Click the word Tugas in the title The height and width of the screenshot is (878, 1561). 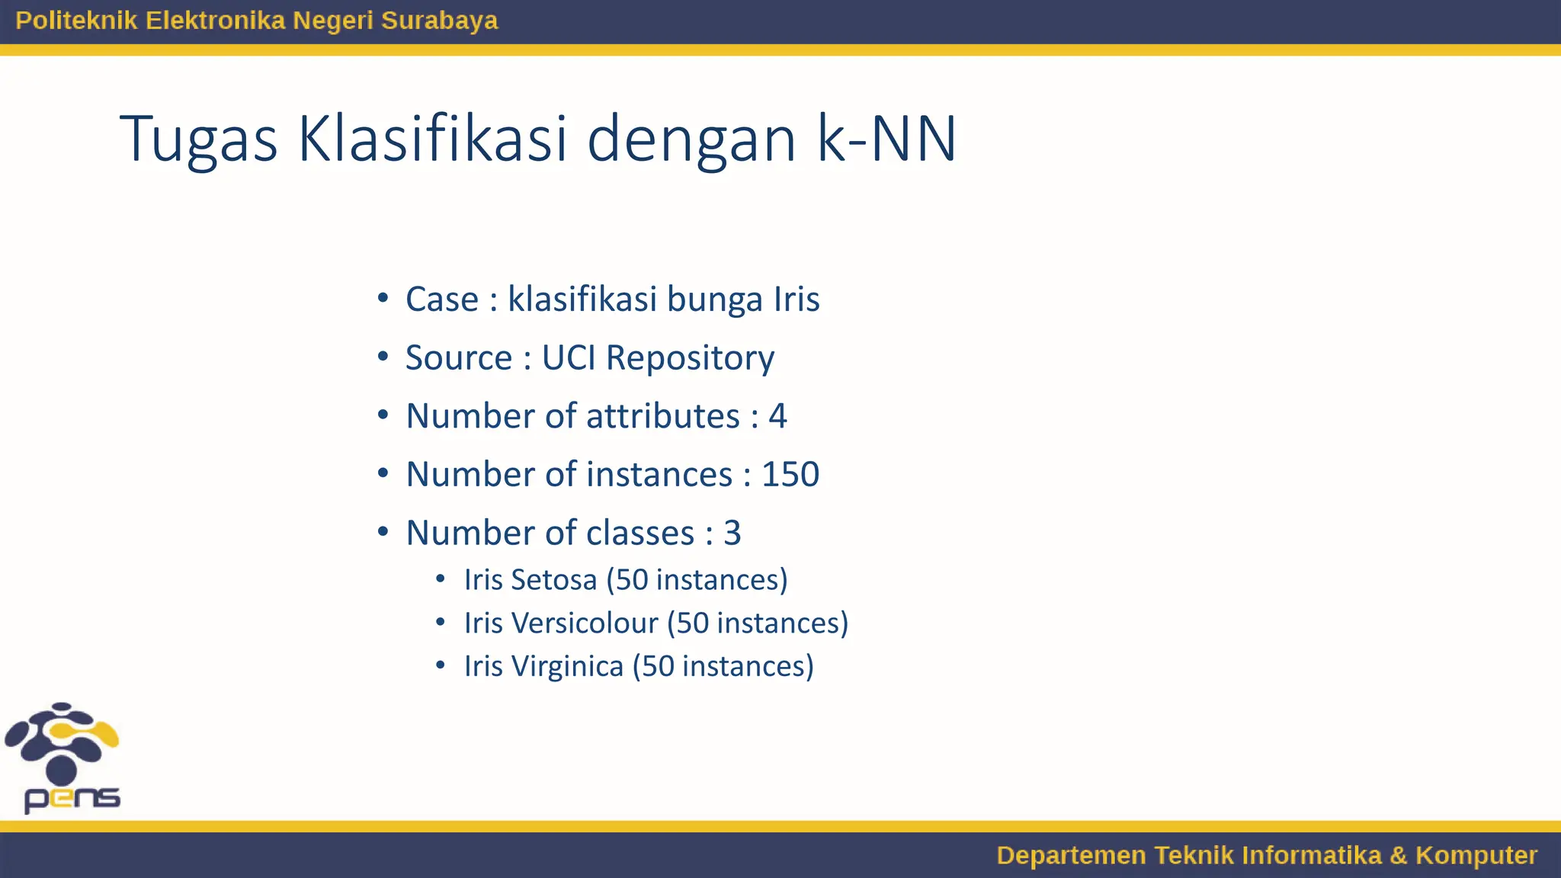tap(198, 139)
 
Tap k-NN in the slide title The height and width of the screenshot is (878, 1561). tap(886, 139)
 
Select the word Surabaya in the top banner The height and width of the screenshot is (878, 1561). tap(439, 21)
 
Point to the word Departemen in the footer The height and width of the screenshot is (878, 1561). tap(1071, 855)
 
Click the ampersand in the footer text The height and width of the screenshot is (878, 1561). tap(1398, 855)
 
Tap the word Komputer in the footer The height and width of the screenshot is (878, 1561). tap(1476, 855)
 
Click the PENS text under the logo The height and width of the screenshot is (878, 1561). tap(72, 799)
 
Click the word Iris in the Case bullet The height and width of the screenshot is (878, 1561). tap(797, 299)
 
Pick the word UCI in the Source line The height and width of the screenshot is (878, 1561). tap(569, 357)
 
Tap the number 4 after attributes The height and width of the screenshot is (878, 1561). tap(777, 416)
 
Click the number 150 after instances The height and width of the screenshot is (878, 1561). tap(790, 474)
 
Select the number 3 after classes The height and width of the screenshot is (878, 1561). tap(732, 533)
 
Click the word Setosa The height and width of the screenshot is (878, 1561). tap(554, 580)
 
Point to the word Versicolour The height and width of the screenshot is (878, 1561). tap(584, 623)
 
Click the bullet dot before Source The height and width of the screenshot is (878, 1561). tap(383, 356)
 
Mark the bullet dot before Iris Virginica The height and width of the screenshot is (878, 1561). tap(441, 665)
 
